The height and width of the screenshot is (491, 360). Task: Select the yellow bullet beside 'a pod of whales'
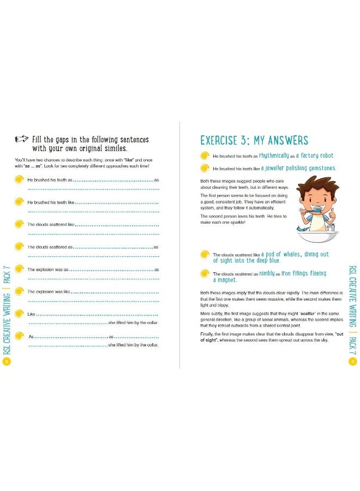click(205, 254)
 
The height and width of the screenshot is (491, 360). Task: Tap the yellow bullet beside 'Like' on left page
click(20, 314)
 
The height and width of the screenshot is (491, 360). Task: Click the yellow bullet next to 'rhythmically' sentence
click(205, 155)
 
